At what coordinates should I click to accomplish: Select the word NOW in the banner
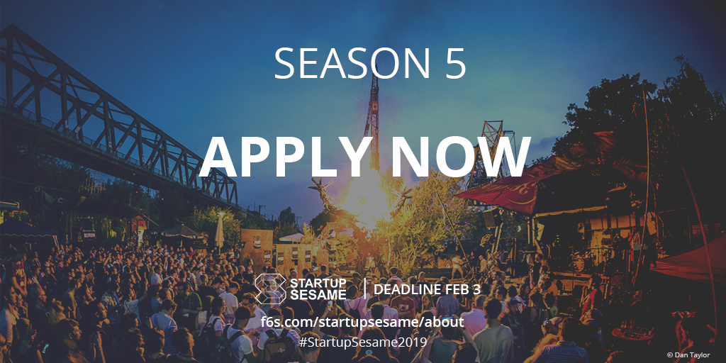point(453,157)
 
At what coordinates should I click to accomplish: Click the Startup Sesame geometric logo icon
point(270,289)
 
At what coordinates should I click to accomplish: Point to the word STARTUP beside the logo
point(318,284)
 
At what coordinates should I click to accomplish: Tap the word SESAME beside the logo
point(318,295)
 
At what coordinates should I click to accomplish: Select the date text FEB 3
point(464,290)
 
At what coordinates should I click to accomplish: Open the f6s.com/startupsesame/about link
point(362,322)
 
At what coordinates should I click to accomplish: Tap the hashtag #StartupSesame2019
point(363,342)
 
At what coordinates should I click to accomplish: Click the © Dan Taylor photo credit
point(688,355)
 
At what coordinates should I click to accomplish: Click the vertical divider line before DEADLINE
point(365,289)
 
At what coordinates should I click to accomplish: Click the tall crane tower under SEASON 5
point(372,121)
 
